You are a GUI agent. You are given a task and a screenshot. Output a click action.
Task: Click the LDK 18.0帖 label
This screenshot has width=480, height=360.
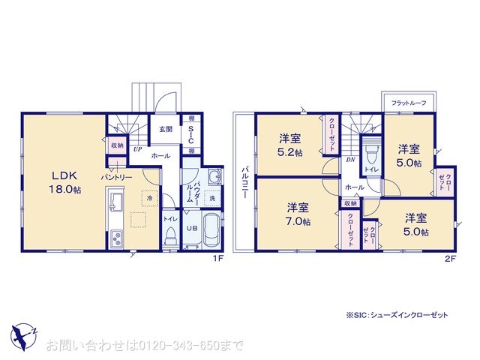point(66,182)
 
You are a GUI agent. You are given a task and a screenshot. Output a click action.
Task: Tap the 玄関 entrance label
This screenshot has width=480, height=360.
point(166,129)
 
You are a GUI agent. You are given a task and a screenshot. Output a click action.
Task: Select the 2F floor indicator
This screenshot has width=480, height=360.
point(450,259)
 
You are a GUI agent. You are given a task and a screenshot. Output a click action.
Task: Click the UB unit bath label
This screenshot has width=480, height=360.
point(191,227)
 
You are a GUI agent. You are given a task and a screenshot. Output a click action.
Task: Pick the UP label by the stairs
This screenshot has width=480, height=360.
point(138,148)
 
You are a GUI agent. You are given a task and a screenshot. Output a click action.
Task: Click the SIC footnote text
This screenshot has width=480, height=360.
point(397,316)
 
